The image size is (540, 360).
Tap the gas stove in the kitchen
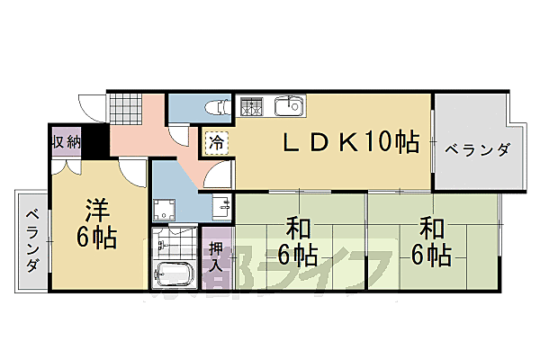click(250, 107)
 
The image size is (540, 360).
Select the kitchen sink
click(288, 106)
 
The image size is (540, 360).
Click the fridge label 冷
click(217, 142)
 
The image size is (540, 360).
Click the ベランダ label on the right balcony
click(477, 149)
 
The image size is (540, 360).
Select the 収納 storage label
click(66, 142)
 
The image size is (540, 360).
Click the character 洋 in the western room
click(96, 210)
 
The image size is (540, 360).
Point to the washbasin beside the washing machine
click(220, 206)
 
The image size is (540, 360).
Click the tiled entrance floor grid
click(123, 109)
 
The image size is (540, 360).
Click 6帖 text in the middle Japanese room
click(296, 255)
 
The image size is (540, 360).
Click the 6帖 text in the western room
click(97, 238)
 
